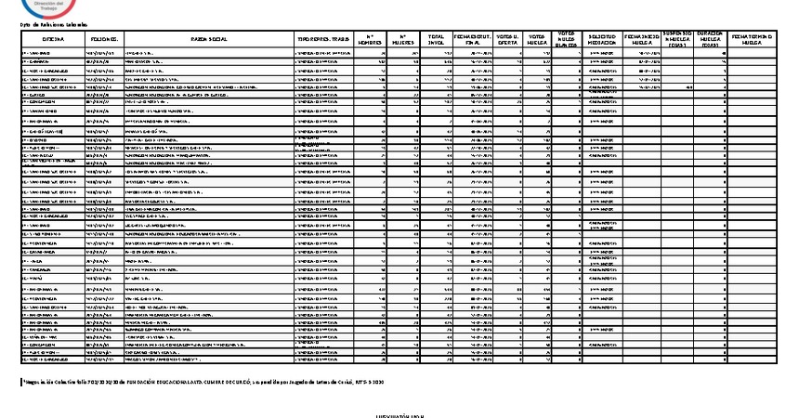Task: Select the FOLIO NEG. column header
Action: click(x=103, y=40)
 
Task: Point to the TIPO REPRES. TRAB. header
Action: click(x=321, y=40)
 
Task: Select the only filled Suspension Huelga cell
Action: click(x=688, y=87)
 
